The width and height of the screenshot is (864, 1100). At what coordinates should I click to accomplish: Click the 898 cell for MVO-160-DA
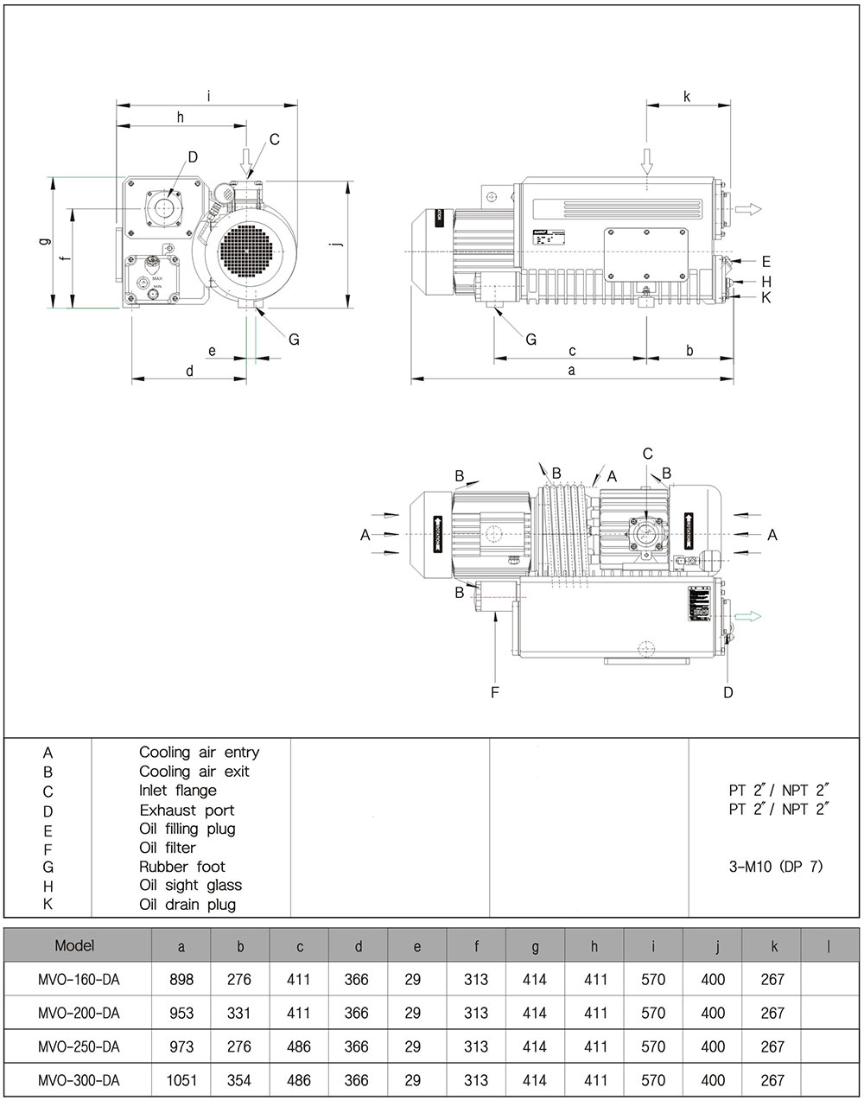point(182,979)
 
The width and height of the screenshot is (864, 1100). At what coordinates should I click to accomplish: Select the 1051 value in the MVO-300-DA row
point(181,1080)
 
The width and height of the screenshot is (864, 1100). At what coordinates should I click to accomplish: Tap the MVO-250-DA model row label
point(79,1046)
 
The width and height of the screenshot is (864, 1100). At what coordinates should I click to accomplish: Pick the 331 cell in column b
point(239,1013)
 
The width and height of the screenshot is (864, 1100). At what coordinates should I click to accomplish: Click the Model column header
point(74,945)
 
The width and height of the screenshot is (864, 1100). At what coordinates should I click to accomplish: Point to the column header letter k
point(772,946)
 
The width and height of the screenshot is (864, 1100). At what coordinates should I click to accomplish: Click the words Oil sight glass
point(190,885)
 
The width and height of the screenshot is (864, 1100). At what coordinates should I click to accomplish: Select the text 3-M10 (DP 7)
point(776,866)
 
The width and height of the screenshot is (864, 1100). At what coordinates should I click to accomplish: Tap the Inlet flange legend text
point(178,790)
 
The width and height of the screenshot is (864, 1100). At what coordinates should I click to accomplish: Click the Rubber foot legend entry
point(182,866)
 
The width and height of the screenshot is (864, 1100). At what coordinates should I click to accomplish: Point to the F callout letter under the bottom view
point(495,691)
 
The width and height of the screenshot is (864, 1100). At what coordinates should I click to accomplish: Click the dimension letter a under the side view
point(571,370)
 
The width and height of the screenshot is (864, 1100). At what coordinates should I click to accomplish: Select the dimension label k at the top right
point(687,97)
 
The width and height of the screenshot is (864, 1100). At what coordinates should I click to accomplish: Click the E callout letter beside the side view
point(766,261)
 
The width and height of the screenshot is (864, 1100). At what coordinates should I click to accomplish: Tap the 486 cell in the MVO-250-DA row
point(299,1046)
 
